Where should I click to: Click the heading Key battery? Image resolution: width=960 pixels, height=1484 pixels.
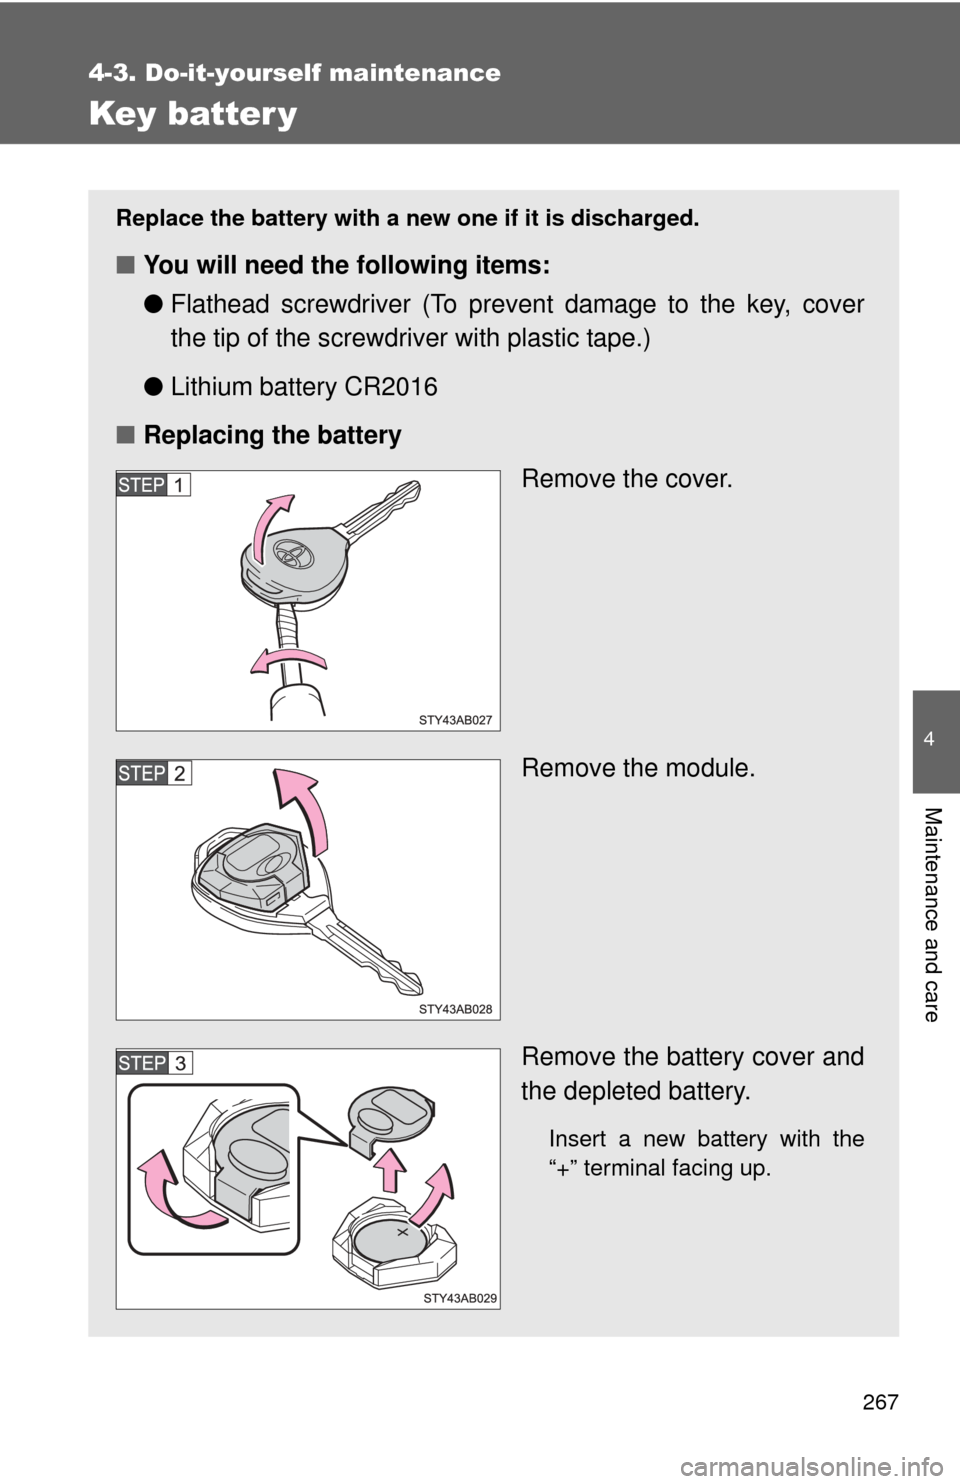tap(193, 114)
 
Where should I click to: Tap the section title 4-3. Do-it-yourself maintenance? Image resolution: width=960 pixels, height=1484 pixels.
tap(294, 73)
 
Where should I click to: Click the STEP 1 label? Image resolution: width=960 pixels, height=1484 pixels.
tap(153, 485)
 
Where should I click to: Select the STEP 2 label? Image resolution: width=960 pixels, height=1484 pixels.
tap(153, 773)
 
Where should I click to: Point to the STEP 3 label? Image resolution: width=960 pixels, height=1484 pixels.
tap(154, 1062)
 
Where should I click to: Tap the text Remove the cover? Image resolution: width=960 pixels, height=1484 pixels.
tap(626, 479)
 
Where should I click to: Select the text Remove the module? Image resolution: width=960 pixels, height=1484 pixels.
tap(637, 768)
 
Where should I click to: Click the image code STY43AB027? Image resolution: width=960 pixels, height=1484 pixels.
tap(455, 720)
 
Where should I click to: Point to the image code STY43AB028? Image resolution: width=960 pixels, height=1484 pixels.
tap(455, 1009)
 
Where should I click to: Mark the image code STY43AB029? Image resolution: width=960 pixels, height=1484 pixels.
tap(459, 1298)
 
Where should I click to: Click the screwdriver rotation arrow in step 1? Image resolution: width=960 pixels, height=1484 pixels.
tap(288, 661)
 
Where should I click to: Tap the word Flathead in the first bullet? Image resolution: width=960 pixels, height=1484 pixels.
tap(217, 305)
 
